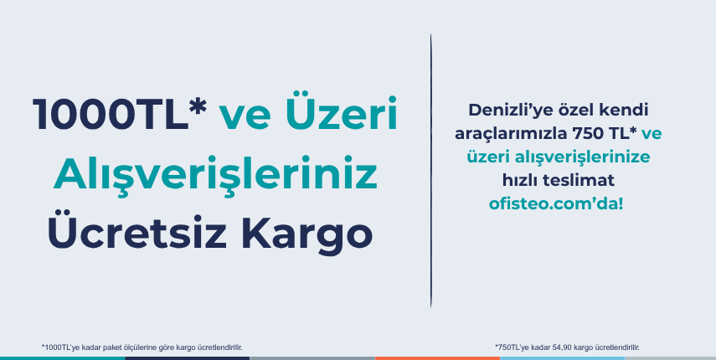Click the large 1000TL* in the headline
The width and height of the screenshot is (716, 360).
120,114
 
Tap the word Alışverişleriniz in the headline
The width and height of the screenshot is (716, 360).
215,176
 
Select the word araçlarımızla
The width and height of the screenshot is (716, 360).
510,135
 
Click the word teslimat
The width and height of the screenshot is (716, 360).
578,181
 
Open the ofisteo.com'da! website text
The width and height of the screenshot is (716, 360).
556,204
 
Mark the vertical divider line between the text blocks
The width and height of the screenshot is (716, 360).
430,170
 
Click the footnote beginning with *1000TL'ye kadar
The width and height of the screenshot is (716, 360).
142,347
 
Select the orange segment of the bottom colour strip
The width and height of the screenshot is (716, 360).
437,358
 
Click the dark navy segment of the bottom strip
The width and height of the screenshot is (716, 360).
188,358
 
